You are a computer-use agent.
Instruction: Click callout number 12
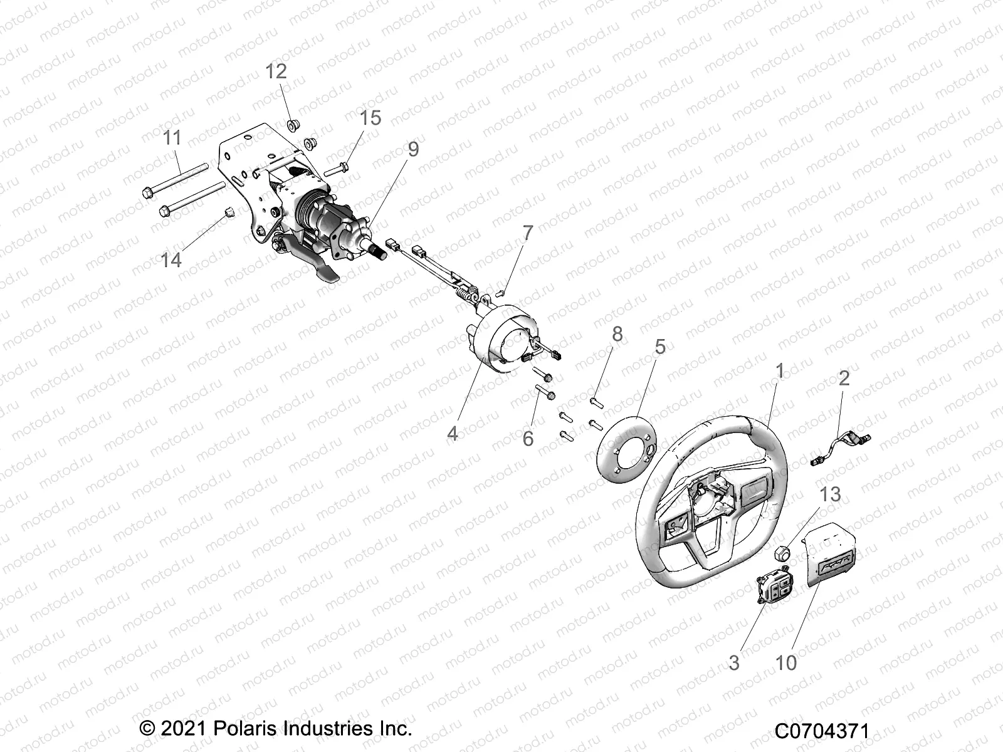click(x=276, y=71)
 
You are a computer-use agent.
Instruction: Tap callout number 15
click(x=370, y=118)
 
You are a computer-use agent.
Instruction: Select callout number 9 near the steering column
click(x=412, y=149)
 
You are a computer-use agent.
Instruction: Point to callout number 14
click(x=171, y=259)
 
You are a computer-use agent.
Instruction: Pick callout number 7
click(x=528, y=233)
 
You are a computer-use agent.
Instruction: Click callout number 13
click(x=831, y=494)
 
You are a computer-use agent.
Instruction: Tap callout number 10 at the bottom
click(x=786, y=662)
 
